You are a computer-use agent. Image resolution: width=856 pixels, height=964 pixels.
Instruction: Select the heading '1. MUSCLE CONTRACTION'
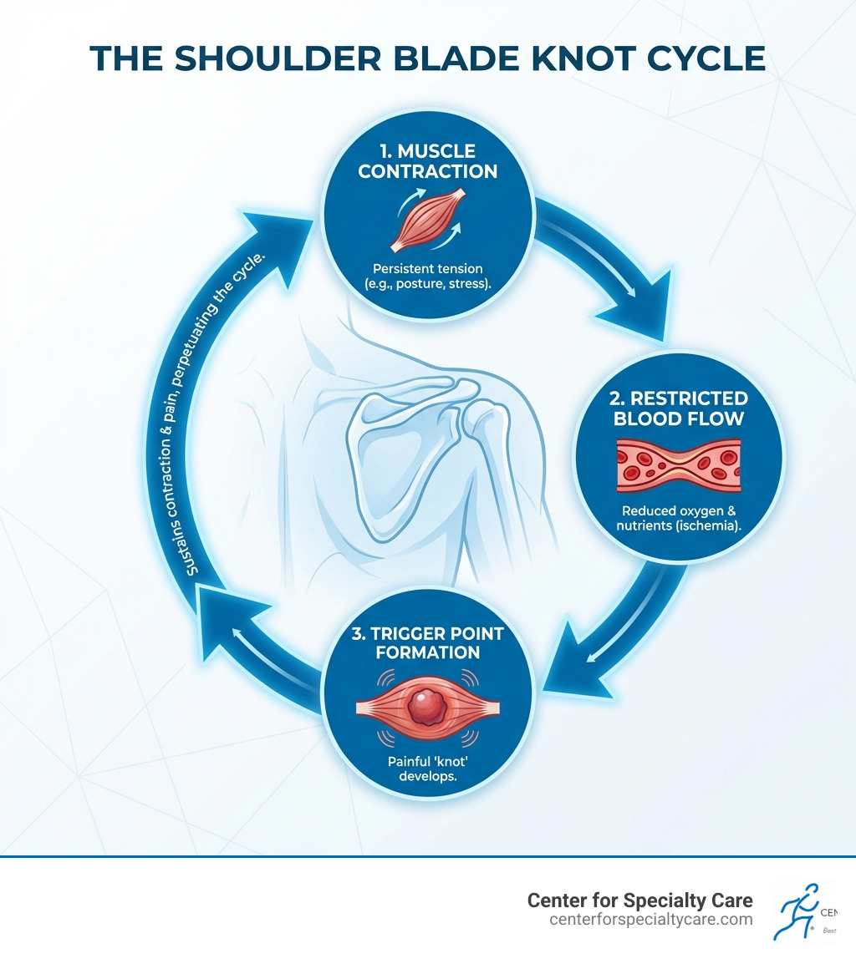click(426, 161)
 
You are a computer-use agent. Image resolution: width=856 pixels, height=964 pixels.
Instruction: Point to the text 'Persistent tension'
click(426, 270)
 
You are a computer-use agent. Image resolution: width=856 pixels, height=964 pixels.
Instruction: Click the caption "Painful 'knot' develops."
click(427, 769)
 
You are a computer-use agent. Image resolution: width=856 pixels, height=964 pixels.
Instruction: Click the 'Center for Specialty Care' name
click(639, 900)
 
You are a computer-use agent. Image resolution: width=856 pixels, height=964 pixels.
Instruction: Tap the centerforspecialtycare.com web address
click(651, 919)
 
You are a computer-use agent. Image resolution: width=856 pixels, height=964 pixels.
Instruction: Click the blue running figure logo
click(797, 911)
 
